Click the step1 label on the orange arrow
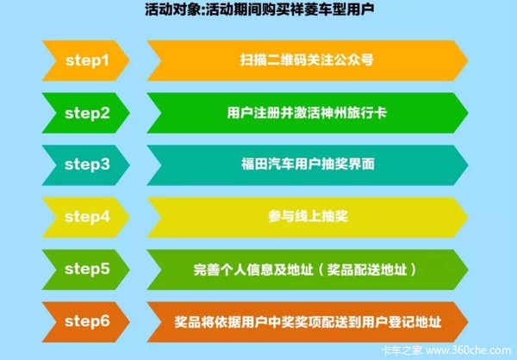pyautogui.click(x=87, y=60)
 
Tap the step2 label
pyautogui.click(x=87, y=114)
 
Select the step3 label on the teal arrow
pyautogui.click(x=87, y=164)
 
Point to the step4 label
pyautogui.click(x=87, y=217)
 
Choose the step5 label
pyautogui.click(x=87, y=269)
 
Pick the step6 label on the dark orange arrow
pyautogui.click(x=87, y=321)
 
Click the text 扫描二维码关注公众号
pyautogui.click(x=307, y=60)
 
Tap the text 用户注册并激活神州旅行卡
pyautogui.click(x=307, y=113)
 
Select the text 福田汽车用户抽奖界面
pyautogui.click(x=308, y=164)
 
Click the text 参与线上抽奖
pyautogui.click(x=308, y=216)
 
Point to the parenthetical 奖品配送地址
pyautogui.click(x=367, y=270)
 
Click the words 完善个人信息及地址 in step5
pyautogui.click(x=253, y=270)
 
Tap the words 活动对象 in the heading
pyautogui.click(x=171, y=9)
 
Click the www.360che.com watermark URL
pyautogui.click(x=468, y=351)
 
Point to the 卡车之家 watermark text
pyautogui.click(x=402, y=351)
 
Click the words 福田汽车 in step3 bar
pyautogui.click(x=268, y=164)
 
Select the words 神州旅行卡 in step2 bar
pyautogui.click(x=353, y=113)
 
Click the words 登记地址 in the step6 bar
pyautogui.click(x=414, y=322)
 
